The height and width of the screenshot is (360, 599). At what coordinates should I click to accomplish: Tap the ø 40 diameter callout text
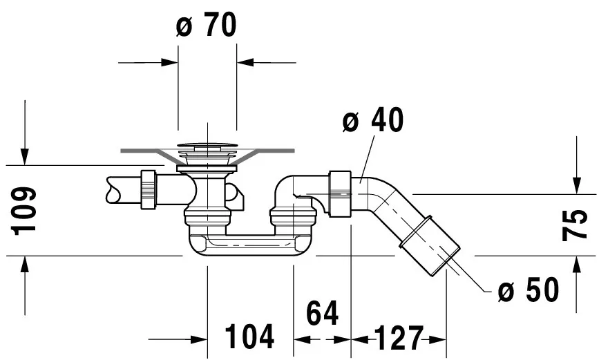pos(372,121)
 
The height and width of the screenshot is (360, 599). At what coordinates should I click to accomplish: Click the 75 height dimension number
pos(575,225)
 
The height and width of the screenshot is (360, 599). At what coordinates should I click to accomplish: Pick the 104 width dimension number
pos(251,337)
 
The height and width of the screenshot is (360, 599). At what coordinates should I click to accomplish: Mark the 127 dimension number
pos(398,339)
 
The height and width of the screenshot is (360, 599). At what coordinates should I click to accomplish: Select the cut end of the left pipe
pos(109,191)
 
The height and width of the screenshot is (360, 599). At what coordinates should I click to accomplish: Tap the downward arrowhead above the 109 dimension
pos(26,156)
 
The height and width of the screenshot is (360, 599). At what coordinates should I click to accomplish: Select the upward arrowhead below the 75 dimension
pos(576,265)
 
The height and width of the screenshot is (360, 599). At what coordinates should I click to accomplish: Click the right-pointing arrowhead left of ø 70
pos(169,62)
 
